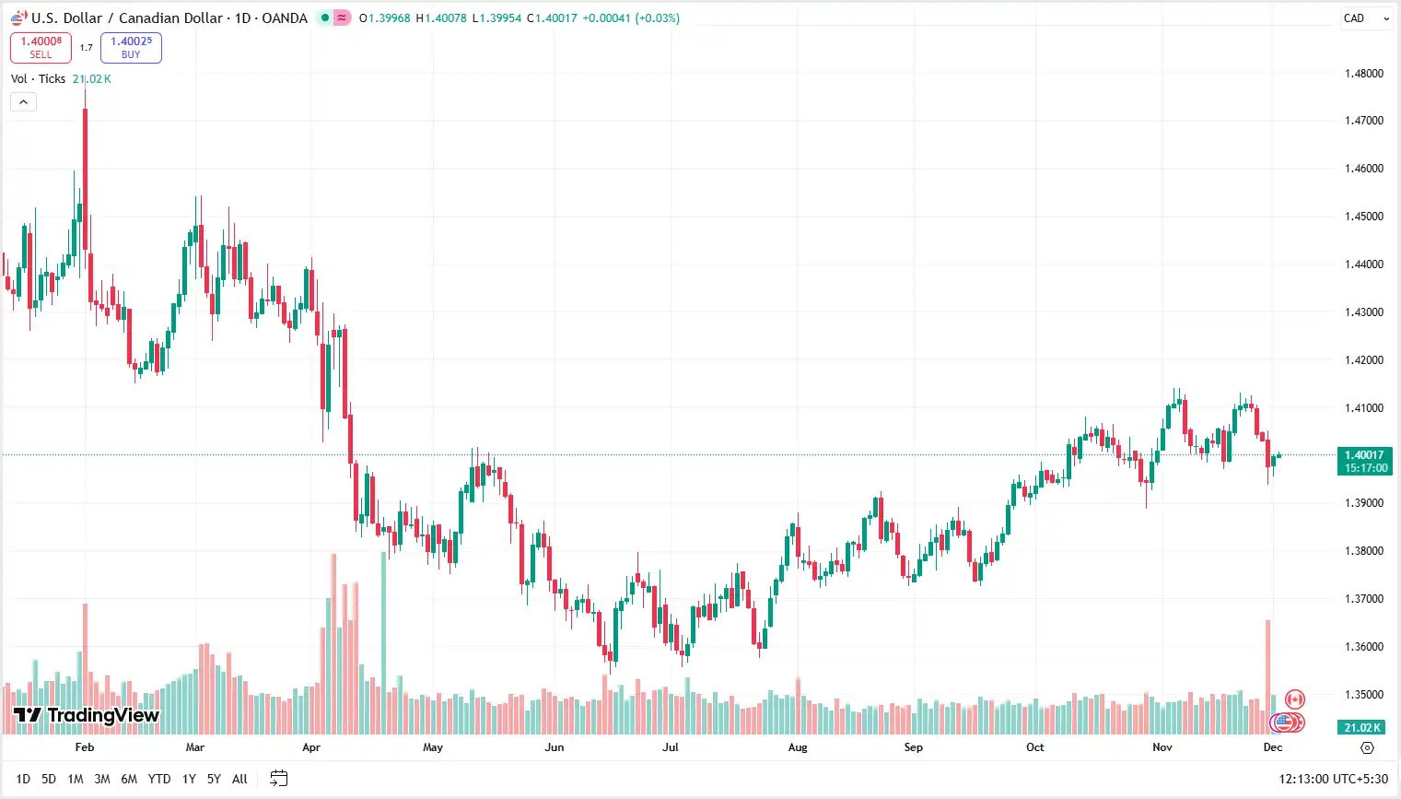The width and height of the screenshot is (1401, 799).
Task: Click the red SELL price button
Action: [x=41, y=48]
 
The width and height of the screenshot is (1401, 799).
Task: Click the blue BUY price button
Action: [x=131, y=48]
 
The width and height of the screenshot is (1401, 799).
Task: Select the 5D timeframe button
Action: [x=49, y=779]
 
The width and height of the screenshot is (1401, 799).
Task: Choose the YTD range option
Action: [x=159, y=779]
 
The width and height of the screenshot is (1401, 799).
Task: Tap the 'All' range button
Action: [x=239, y=779]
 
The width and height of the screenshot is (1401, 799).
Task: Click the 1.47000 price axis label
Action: [x=1363, y=121]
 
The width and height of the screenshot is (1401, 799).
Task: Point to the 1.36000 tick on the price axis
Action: [x=1363, y=647]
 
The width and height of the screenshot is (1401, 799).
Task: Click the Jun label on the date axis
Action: [x=555, y=747]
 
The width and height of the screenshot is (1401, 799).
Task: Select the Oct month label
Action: [x=1035, y=747]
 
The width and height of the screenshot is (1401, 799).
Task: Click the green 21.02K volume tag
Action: [x=1362, y=727]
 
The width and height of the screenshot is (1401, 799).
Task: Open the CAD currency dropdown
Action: [x=1365, y=18]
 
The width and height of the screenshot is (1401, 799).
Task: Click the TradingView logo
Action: [x=87, y=715]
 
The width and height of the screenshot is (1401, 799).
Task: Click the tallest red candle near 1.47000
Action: [x=86, y=175]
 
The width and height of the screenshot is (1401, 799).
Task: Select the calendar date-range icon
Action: [x=279, y=779]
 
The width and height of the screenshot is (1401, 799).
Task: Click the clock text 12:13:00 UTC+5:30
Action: [x=1333, y=779]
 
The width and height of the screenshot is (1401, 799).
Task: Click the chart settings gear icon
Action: [x=1367, y=747]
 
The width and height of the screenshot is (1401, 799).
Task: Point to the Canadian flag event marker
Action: [x=1295, y=699]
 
